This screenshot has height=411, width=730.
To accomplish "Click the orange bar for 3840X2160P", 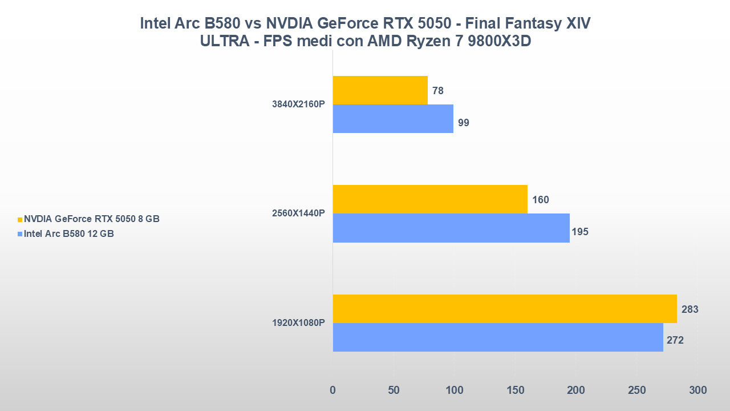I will (x=380, y=90).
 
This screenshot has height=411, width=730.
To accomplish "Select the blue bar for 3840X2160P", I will (x=393, y=119).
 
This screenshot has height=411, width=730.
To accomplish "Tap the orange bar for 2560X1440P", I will (x=430, y=199).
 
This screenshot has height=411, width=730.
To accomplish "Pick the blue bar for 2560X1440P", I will (x=451, y=228).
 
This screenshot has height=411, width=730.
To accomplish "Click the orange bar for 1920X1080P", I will (x=505, y=309).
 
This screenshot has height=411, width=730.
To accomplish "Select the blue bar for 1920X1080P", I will (x=498, y=337).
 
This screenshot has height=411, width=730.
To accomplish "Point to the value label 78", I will (x=438, y=91).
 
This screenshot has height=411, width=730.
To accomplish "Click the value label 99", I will (x=464, y=123).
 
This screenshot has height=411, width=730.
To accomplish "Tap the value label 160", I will (x=541, y=200).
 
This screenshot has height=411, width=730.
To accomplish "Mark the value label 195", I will (x=580, y=232).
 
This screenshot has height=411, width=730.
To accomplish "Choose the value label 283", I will (x=690, y=309).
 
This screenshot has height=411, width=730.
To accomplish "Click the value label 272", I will (x=675, y=341).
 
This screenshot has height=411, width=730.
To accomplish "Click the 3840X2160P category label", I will (x=299, y=104).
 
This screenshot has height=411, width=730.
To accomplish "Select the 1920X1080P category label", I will (x=298, y=323).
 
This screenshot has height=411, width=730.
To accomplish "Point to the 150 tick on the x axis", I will (x=515, y=390).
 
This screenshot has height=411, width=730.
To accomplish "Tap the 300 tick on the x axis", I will (x=697, y=390).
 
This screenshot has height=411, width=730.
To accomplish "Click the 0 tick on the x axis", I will (x=333, y=390).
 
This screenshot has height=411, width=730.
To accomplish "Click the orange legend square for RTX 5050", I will (x=20, y=219).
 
